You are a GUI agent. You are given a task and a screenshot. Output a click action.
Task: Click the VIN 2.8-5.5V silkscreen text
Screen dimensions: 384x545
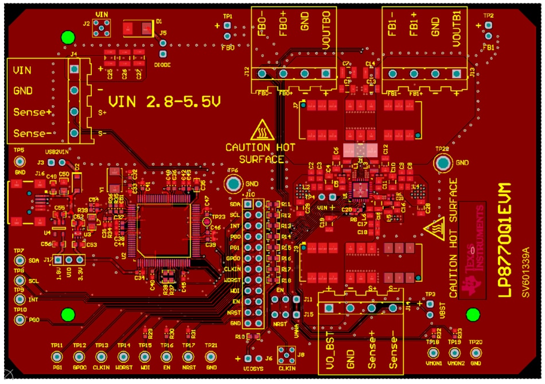point(165,103)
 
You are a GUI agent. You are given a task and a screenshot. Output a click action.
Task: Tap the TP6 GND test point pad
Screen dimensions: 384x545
point(233,184)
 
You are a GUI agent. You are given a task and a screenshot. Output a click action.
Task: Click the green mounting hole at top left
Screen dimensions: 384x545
point(68,38)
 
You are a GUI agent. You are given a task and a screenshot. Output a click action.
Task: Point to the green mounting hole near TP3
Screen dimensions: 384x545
point(473,315)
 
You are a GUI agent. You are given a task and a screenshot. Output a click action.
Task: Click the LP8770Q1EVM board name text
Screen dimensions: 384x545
point(504,241)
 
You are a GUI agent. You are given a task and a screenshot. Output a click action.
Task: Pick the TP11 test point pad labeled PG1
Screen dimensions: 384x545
point(57,358)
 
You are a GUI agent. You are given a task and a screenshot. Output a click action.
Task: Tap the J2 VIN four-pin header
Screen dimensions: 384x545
point(103,25)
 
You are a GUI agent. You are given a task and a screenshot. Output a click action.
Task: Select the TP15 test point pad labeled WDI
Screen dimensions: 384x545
point(145,358)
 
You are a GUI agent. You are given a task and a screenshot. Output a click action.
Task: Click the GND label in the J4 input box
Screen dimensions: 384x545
point(23,91)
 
